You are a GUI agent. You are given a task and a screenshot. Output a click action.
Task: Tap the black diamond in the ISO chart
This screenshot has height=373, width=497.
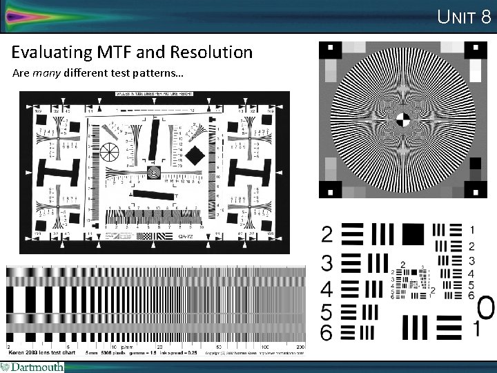click(196, 155)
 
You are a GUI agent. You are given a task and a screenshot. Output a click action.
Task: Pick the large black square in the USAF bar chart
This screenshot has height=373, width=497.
click(412, 234)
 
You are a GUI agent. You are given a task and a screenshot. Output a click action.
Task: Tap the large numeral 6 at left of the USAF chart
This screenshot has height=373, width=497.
click(327, 332)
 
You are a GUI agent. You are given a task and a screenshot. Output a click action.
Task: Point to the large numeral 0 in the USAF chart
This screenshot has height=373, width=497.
click(485, 307)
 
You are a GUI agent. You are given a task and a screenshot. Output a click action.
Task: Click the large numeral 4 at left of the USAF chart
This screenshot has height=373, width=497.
click(327, 288)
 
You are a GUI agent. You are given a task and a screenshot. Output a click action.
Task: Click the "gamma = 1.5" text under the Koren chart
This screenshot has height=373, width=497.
click(142, 352)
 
